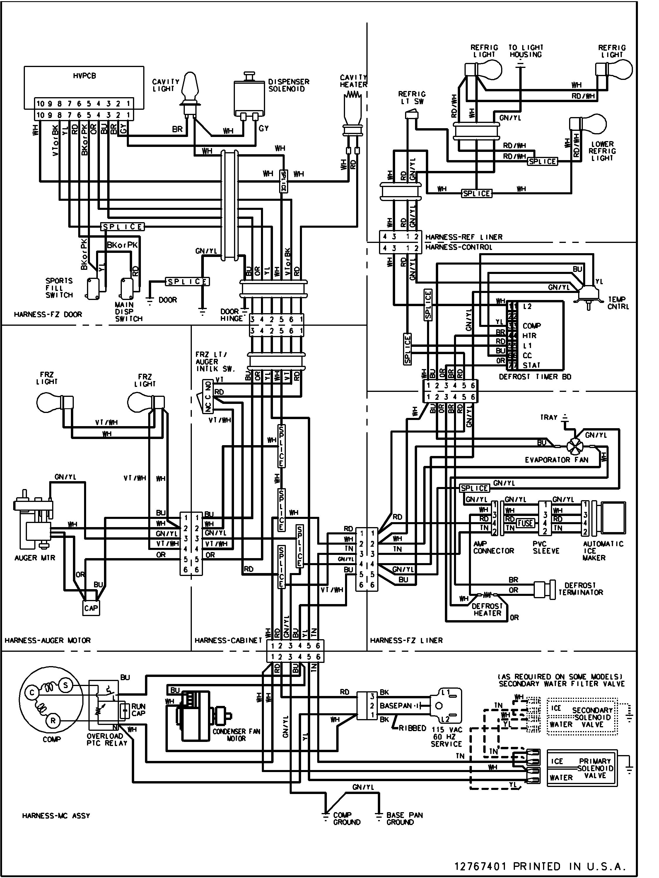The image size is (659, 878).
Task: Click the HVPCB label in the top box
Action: [84, 76]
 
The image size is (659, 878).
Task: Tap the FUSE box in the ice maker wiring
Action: [525, 523]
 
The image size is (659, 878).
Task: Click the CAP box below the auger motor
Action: [91, 608]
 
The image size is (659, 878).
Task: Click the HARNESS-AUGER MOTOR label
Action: [48, 640]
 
